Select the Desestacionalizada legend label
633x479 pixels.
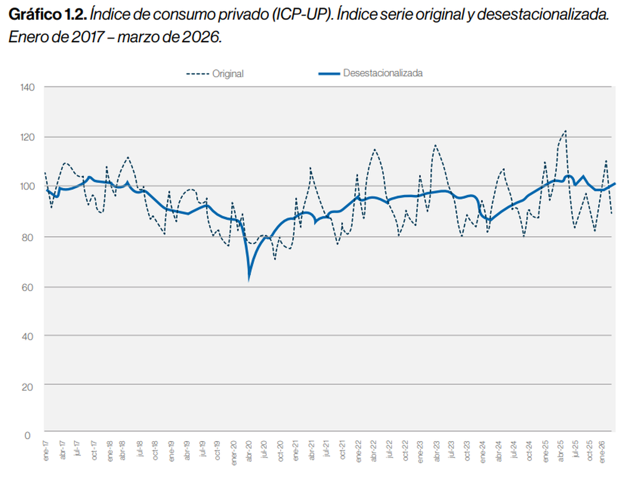pyautogui.click(x=382, y=73)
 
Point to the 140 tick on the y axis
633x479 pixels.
pyautogui.click(x=28, y=87)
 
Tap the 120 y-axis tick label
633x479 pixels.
pyautogui.click(x=28, y=137)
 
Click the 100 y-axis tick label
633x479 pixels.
pyautogui.click(x=28, y=186)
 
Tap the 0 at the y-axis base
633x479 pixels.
pyautogui.click(x=27, y=435)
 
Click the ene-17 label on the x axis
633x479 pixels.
pyautogui.click(x=46, y=453)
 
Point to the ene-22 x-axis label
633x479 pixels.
pyautogui.click(x=358, y=453)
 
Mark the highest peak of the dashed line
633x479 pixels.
pyautogui.click(x=565, y=130)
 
